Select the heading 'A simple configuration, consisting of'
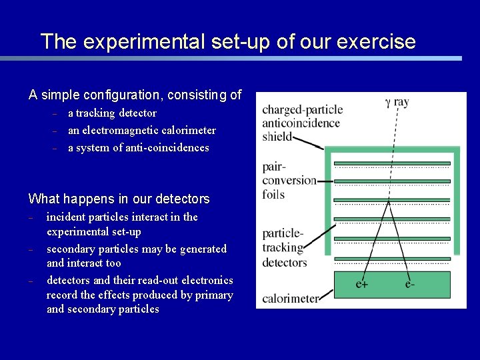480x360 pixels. (135, 95)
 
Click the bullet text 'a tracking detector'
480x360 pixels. (112, 113)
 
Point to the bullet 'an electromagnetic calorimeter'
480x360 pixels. (141, 131)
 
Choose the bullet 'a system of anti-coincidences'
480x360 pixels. (138, 147)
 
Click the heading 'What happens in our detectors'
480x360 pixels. (119, 199)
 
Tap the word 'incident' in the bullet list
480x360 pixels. (66, 217)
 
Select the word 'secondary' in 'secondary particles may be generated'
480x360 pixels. (71, 249)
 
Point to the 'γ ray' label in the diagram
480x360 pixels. (397, 102)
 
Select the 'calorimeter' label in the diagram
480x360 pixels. (290, 299)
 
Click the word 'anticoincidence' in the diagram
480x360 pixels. (301, 123)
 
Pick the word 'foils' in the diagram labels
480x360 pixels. (273, 195)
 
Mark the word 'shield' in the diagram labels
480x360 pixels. (277, 136)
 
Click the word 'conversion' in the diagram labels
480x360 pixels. (289, 180)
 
